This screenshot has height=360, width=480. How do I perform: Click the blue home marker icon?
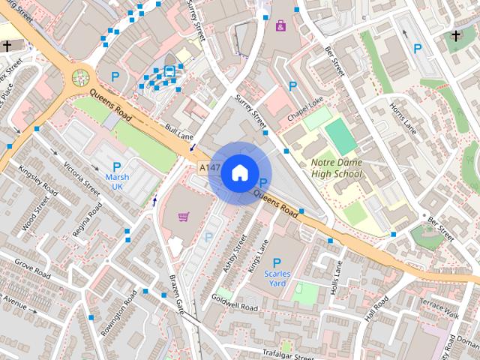[x=238, y=172]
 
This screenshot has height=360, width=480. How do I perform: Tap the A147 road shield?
[x=210, y=168]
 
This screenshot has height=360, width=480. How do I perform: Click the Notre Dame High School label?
[x=336, y=168]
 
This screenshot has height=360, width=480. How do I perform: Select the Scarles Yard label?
[x=277, y=278]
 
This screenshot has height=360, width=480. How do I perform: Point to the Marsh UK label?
[x=116, y=181]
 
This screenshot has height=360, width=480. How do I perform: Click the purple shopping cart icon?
[x=184, y=217]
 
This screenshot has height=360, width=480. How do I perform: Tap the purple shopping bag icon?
[x=280, y=26]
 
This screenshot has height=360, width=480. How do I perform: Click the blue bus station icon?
[x=170, y=73]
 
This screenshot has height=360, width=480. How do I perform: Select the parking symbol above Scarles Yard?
[x=277, y=262]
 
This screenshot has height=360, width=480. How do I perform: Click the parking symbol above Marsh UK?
[x=116, y=166]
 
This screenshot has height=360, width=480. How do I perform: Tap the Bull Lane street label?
[x=179, y=133]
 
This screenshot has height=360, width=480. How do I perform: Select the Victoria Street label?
[x=82, y=178]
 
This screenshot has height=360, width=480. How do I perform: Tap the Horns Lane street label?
[x=403, y=118]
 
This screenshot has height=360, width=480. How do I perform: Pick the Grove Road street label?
[x=31, y=271]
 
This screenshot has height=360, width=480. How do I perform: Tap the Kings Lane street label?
[x=258, y=255]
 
